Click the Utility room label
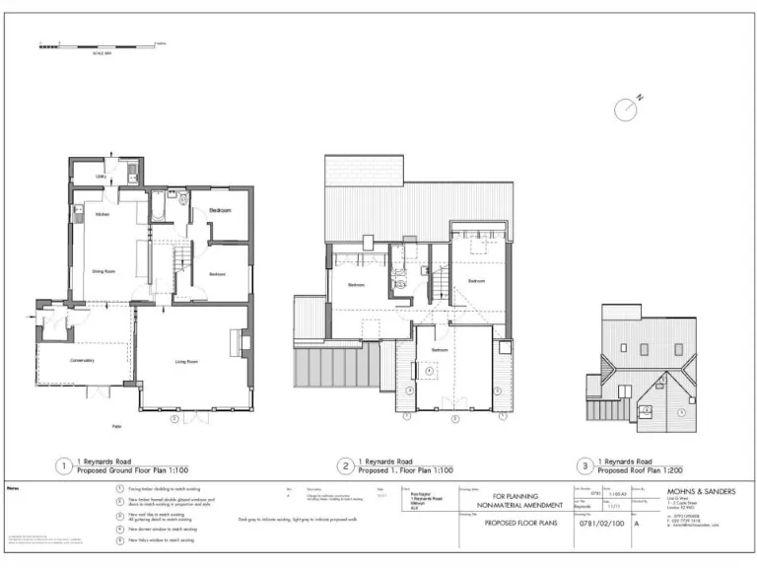pyautogui.click(x=101, y=177)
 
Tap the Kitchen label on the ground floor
pyautogui.click(x=102, y=214)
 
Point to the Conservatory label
pyautogui.click(x=81, y=360)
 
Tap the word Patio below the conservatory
pyautogui.click(x=116, y=426)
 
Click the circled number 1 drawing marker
pyautogui.click(x=64, y=465)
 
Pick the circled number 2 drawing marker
pyautogui.click(x=346, y=465)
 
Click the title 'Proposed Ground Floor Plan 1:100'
pyautogui.click(x=133, y=471)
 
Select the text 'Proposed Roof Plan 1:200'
pyautogui.click(x=647, y=471)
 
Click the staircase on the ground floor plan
pyautogui.click(x=180, y=260)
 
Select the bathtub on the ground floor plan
pyautogui.click(x=158, y=205)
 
